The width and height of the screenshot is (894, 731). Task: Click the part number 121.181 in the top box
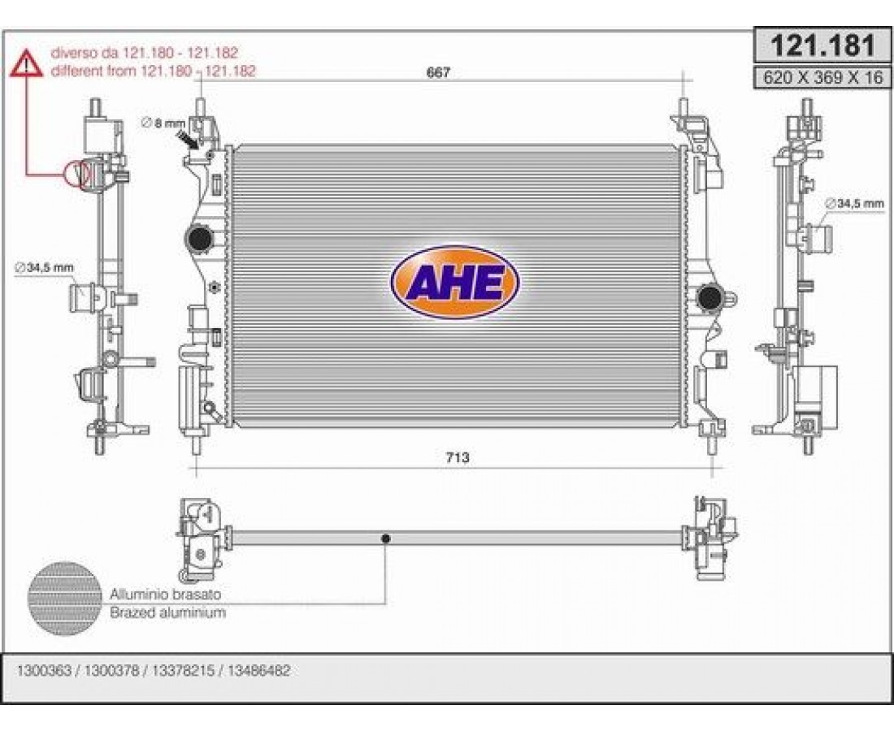click(822, 45)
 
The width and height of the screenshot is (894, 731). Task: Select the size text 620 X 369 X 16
click(822, 77)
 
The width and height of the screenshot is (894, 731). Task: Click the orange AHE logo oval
click(455, 282)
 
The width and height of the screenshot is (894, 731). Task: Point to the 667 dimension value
click(438, 73)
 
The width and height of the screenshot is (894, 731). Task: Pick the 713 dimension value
click(458, 457)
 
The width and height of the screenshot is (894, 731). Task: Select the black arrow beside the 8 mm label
click(189, 139)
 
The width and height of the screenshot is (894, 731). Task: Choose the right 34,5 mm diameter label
click(854, 203)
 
